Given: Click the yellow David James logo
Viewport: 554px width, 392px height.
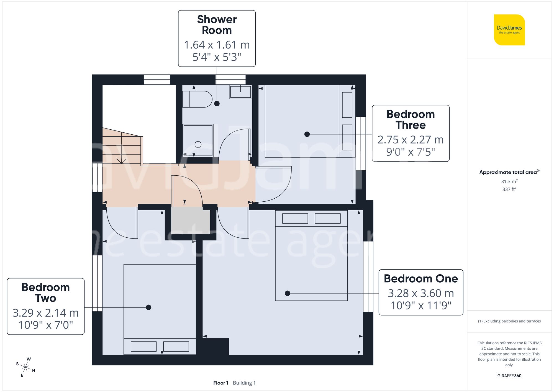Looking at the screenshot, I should pyautogui.click(x=509, y=30).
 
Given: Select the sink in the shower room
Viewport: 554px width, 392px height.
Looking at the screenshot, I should pyautogui.click(x=240, y=92).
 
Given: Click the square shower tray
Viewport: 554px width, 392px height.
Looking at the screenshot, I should pyautogui.click(x=198, y=141).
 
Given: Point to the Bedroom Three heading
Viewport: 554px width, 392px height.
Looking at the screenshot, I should pyautogui.click(x=411, y=120).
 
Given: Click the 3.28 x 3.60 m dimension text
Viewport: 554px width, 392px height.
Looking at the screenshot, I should pyautogui.click(x=420, y=293).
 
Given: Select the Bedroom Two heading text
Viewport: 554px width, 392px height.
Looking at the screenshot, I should pyautogui.click(x=46, y=293).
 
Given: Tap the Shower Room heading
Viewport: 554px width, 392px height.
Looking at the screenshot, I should pyautogui.click(x=217, y=25).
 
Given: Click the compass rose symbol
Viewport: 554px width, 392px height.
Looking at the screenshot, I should pyautogui.click(x=25, y=367).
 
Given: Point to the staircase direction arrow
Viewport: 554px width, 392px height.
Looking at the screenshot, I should pyautogui.click(x=121, y=160).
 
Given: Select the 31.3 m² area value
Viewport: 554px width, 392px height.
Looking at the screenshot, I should pyautogui.click(x=509, y=181).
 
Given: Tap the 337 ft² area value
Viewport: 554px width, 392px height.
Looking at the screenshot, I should pyautogui.click(x=509, y=189).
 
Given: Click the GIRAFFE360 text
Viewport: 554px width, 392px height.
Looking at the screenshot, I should pyautogui.click(x=509, y=376).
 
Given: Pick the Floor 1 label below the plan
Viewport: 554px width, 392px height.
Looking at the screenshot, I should pyautogui.click(x=221, y=383).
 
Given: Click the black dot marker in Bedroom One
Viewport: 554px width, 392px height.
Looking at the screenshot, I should pyautogui.click(x=288, y=293).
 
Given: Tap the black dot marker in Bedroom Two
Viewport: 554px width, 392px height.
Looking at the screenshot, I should pyautogui.click(x=148, y=307).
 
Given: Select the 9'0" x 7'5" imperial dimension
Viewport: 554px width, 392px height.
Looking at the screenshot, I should pyautogui.click(x=411, y=152).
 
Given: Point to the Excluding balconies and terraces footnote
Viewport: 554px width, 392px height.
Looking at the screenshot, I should pyautogui.click(x=509, y=321).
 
